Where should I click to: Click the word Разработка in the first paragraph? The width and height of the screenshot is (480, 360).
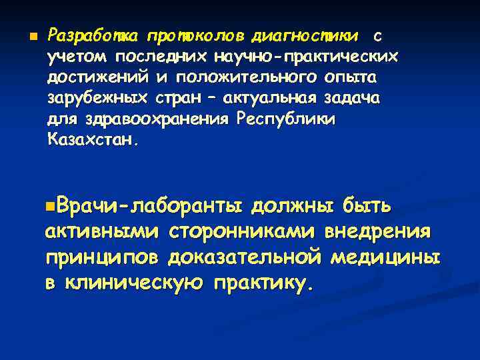[95, 35]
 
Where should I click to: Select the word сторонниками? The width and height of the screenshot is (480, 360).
[242, 233]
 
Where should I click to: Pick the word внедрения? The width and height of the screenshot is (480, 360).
[377, 233]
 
